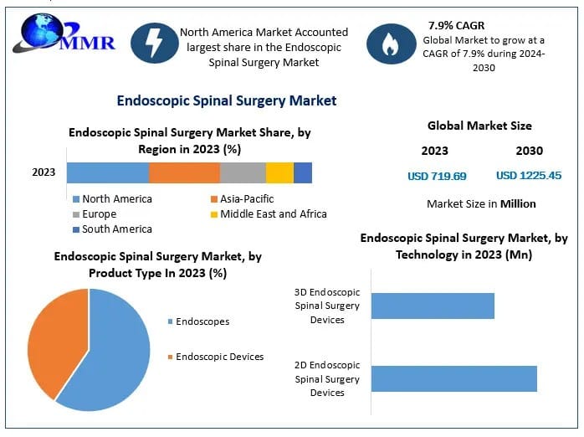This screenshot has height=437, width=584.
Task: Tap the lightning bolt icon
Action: tap(154, 44)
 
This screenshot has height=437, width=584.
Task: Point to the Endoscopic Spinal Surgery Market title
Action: tap(226, 100)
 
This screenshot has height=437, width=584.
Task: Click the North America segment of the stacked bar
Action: tap(108, 172)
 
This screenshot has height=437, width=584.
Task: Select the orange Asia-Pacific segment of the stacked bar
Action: tap(184, 172)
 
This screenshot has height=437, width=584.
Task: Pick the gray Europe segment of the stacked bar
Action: tap(243, 172)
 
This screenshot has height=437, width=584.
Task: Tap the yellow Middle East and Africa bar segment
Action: tap(279, 172)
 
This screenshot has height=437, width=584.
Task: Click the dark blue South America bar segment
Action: tap(303, 172)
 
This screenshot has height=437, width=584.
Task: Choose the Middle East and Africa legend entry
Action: tap(268, 214)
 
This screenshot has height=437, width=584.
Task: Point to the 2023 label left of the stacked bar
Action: tap(44, 172)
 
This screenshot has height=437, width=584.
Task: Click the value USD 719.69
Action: tap(437, 176)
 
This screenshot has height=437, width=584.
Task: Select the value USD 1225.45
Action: tap(529, 176)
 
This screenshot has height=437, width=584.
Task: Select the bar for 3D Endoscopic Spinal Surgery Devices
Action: tap(433, 306)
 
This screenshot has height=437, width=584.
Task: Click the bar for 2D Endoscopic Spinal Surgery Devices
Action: tap(453, 378)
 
